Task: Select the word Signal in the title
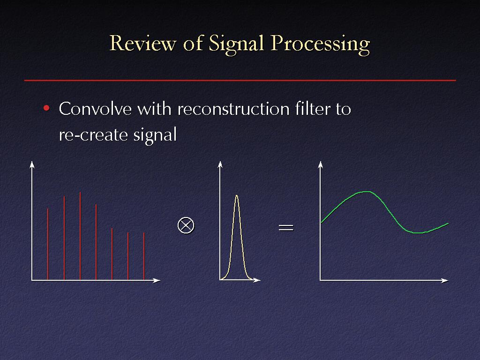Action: pos(236,45)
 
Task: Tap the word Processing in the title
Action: pos(320,45)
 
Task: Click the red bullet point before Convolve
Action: pos(46,108)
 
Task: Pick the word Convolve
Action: pos(95,108)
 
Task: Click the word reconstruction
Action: pos(233,109)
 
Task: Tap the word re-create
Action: pos(93,135)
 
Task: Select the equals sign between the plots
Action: pos(286,227)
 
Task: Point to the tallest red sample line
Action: pos(80,236)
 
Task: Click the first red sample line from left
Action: pos(48,244)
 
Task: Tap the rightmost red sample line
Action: pos(144,256)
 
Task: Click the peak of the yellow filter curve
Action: pos(237,195)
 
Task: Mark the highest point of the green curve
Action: pos(367,192)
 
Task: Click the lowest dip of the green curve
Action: pos(417,233)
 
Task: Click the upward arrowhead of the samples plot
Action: pos(32,165)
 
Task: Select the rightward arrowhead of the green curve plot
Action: pos(445,280)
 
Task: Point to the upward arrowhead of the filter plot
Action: pos(220,165)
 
